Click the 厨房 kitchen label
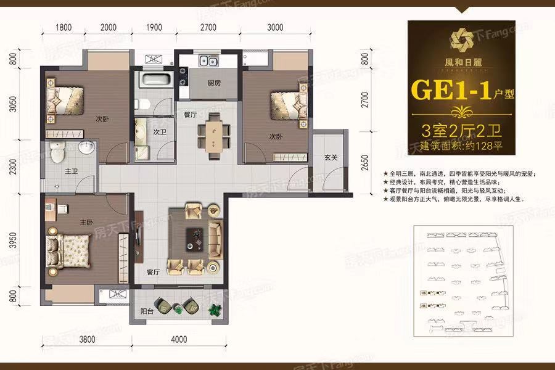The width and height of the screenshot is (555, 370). coord(214,83)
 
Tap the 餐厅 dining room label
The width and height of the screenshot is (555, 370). coord(190,115)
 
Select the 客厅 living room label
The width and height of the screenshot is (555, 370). coord(154,271)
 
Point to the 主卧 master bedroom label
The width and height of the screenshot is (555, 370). coord(86,223)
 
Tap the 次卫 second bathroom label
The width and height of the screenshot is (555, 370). coord(160,132)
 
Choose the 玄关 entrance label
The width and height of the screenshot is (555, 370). coord(330,157)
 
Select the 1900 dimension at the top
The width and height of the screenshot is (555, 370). coord(154,27)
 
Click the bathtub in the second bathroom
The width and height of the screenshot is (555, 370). coord(152,79)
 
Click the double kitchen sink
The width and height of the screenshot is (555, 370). coord(206,61)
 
